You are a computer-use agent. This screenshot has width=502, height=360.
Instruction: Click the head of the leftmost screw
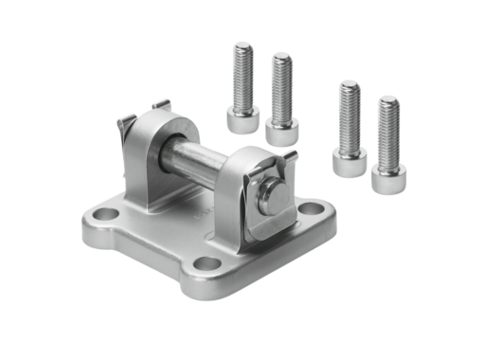242,119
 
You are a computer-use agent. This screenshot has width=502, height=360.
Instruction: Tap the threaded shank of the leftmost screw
243,76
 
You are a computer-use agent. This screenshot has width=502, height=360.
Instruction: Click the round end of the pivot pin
274,197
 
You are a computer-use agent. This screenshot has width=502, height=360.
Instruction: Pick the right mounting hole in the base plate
310,210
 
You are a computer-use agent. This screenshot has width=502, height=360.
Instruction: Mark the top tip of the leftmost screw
243,45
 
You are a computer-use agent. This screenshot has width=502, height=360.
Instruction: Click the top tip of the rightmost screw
388,99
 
